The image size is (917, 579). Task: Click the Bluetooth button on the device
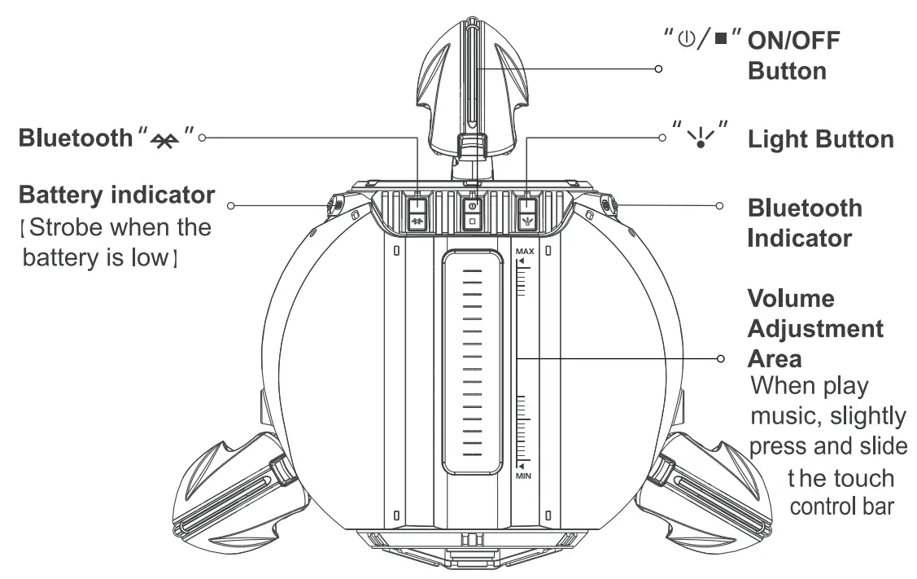[x=417, y=213]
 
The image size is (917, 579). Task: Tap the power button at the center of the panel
[x=472, y=213]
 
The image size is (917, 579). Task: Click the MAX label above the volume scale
[x=524, y=252]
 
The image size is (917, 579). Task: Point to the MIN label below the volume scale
[x=523, y=474]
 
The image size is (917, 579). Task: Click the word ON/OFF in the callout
[x=794, y=40]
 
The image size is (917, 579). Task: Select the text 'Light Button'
[x=820, y=139]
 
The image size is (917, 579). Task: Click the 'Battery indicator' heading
[x=116, y=195]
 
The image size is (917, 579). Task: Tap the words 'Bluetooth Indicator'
[x=805, y=222]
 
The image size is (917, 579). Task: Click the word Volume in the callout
[x=790, y=298]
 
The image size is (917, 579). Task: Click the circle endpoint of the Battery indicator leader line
[x=232, y=205]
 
